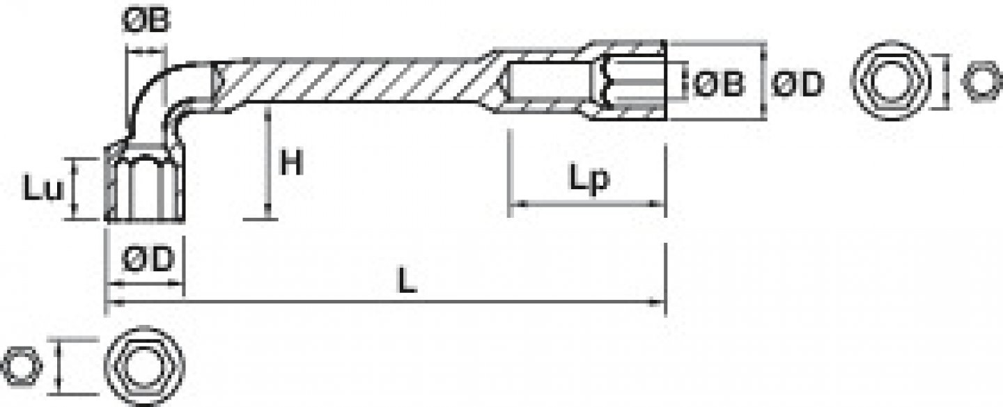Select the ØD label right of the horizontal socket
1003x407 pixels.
(x=798, y=84)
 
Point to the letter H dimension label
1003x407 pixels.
(x=292, y=164)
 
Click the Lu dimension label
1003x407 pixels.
(x=43, y=189)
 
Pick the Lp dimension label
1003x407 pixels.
(x=589, y=179)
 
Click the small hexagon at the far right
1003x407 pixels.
(x=980, y=80)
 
